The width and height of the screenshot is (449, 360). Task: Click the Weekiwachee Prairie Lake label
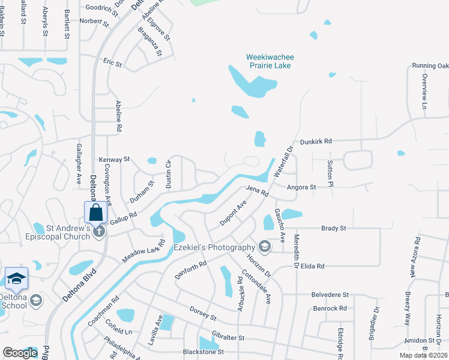tap(270, 61)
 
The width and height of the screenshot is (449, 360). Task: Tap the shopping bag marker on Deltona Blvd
tap(96, 212)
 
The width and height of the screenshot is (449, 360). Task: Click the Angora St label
tap(301, 187)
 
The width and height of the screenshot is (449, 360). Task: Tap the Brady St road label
tap(334, 229)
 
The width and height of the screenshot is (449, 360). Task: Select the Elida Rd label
tap(312, 266)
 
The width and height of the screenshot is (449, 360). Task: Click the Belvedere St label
tap(330, 295)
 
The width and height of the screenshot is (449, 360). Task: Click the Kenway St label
tap(114, 160)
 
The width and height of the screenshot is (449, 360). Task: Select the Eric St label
tap(112, 62)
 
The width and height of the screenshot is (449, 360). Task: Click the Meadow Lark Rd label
tap(143, 251)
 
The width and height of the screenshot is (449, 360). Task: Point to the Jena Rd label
tap(256, 191)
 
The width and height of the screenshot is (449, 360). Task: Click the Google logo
tap(20, 353)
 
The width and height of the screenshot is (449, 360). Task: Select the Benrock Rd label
tap(330, 308)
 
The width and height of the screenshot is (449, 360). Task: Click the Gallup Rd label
tap(124, 218)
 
